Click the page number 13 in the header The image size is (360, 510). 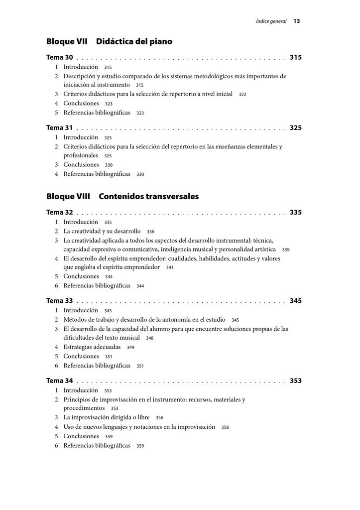click(x=296, y=21)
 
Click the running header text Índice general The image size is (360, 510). click(x=271, y=21)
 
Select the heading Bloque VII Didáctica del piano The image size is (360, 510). click(x=109, y=42)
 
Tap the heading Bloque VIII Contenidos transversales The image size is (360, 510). click(x=122, y=197)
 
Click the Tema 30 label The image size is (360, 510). click(x=59, y=58)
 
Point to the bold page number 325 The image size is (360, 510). click(x=295, y=128)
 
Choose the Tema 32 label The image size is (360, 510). click(x=59, y=213)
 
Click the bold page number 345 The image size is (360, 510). click(x=295, y=301)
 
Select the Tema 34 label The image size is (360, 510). click(x=59, y=381)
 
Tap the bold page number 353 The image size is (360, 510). click(x=295, y=381)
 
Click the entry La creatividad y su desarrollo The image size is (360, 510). click(x=102, y=232)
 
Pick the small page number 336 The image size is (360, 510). click(x=150, y=232)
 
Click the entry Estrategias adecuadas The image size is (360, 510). click(x=92, y=347)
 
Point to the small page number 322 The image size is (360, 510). click(x=242, y=95)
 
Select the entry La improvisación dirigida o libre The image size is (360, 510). click(x=106, y=418)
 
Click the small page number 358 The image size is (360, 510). click(x=225, y=427)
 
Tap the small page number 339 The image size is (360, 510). click(x=286, y=250)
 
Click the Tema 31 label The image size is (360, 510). click(x=59, y=128)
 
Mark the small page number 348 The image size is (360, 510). click(x=149, y=338)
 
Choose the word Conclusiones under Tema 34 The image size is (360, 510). click(x=81, y=436)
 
